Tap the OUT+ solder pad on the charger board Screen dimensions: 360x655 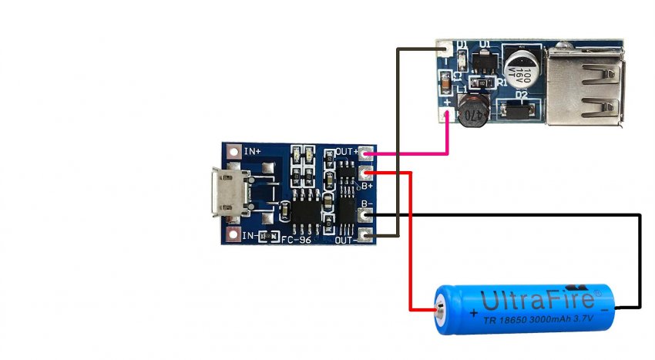[366, 153]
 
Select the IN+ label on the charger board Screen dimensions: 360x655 [253, 152]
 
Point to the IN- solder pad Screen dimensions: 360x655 [233, 233]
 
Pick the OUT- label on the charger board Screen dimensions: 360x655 [343, 240]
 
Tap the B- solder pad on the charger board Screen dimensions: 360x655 [366, 216]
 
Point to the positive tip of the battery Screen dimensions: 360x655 [440, 310]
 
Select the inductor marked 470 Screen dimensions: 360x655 [472, 113]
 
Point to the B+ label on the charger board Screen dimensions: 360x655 [366, 186]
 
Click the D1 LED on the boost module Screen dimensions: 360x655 [462, 58]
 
